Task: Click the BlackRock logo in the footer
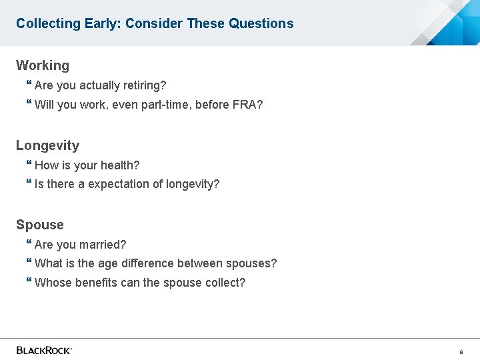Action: [x=44, y=350]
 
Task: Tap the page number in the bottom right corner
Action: [x=461, y=351]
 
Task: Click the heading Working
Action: [x=43, y=65]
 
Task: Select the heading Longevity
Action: [x=47, y=145]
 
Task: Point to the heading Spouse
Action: [x=40, y=225]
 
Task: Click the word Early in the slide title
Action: [x=102, y=23]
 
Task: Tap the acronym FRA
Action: [x=246, y=104]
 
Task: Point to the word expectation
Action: [x=119, y=184]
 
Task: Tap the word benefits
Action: [x=96, y=283]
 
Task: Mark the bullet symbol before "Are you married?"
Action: [x=29, y=244]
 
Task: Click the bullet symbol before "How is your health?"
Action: [x=29, y=165]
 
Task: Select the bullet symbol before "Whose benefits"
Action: [x=29, y=282]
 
